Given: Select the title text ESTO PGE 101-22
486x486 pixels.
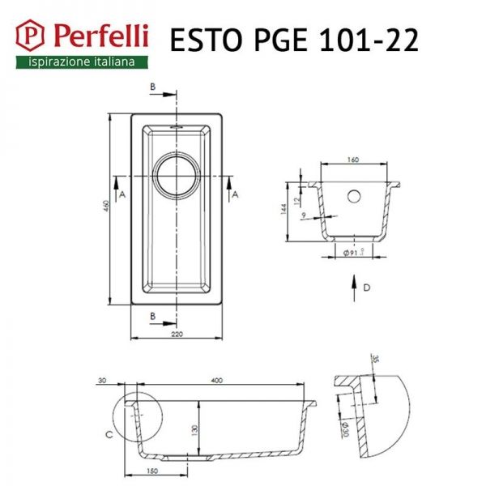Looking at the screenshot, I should (293, 40).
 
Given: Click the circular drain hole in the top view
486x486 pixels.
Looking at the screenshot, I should (176, 175).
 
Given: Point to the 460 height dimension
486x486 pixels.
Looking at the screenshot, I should (105, 211).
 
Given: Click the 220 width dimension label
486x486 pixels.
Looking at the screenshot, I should (176, 332).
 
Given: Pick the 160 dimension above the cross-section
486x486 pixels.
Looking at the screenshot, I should (353, 160).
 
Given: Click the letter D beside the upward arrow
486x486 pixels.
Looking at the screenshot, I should (366, 288).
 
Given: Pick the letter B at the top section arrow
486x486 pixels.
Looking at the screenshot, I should (152, 86).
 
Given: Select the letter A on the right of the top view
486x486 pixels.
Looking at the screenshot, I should (235, 195).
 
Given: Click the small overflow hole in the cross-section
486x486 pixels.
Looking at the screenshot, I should (354, 196).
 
